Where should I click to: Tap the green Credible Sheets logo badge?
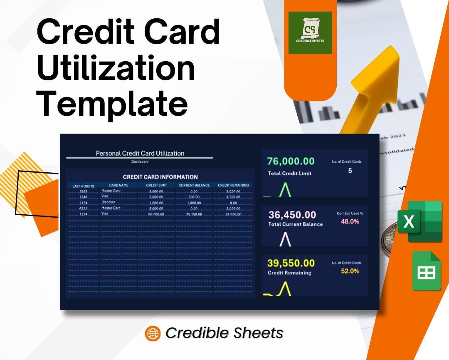[x=310, y=32]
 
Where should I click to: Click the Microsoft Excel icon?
[x=419, y=221]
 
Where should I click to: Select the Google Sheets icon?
[x=426, y=271]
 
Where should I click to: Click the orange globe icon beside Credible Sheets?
[x=153, y=333]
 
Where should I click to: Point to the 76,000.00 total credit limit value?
[x=291, y=161]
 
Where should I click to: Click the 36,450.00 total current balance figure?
[x=292, y=215]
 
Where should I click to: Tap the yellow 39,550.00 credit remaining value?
[x=291, y=263]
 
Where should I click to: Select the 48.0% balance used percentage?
[x=350, y=221]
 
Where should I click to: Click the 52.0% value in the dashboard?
[x=350, y=271]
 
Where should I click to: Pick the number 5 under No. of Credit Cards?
[x=350, y=171]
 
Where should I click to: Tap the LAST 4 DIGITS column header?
[x=83, y=186]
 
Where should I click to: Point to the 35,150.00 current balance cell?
[x=194, y=214]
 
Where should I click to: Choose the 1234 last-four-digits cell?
[x=83, y=214]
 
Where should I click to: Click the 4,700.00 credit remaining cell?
[x=233, y=197]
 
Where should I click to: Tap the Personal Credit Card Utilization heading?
[x=140, y=153]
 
